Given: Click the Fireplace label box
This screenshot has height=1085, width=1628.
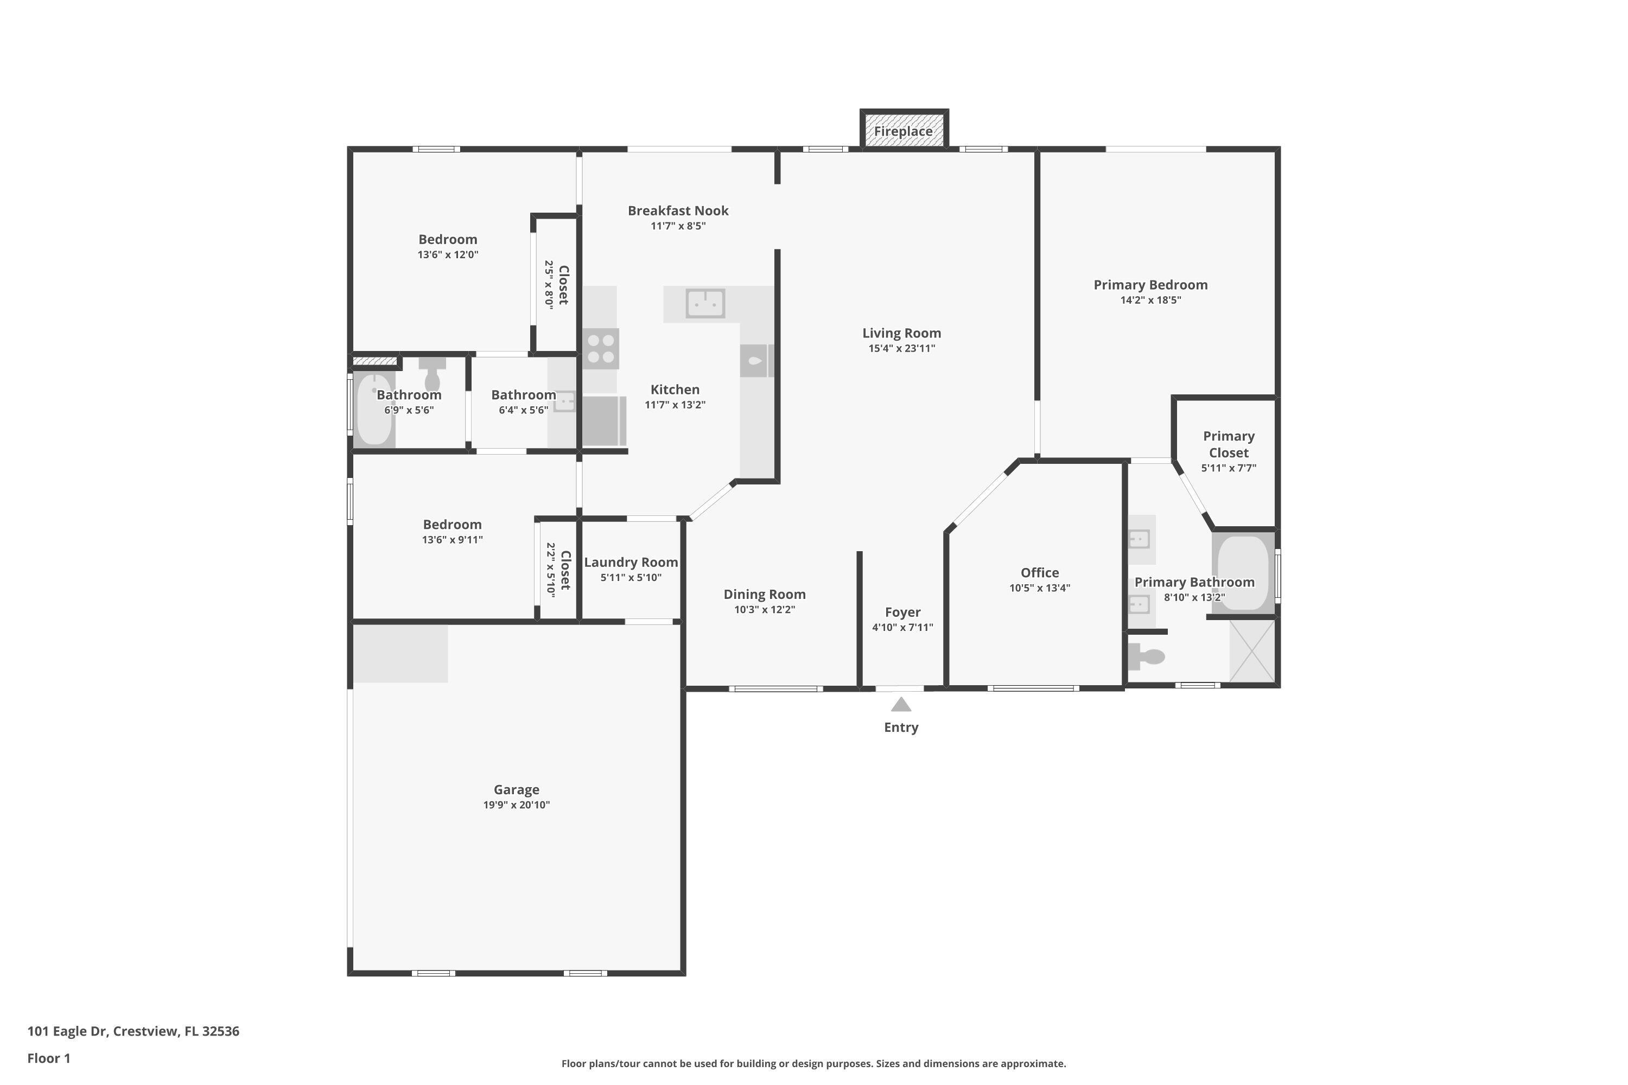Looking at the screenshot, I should pos(904,131).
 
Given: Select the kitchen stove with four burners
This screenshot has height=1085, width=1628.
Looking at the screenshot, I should pos(600,349).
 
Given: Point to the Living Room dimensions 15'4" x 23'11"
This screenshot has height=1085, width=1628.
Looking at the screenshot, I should pos(901,349).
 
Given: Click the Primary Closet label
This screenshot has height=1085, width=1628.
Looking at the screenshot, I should pos(1228,444).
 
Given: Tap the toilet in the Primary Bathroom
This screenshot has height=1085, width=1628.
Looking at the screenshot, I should pos(1148,656).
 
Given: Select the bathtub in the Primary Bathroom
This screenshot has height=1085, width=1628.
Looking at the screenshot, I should pos(1243,573).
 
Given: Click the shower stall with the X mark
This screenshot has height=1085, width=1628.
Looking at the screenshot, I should pos(1252,651).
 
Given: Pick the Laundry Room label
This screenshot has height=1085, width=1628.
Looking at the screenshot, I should pos(631,563).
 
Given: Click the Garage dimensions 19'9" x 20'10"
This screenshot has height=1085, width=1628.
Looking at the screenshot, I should pos(517,805).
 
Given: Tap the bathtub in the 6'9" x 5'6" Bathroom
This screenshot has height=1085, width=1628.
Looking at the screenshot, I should pos(374,410).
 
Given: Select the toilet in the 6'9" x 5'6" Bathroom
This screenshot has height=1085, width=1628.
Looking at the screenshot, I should pos(433,375).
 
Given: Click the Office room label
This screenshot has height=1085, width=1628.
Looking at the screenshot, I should pos(1039,573).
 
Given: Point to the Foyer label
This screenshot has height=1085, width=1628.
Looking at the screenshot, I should pos(902,612).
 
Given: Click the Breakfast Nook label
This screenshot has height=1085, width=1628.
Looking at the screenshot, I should pos(678,211).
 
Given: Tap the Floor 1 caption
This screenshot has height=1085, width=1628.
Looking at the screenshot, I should pos(48,1058).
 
